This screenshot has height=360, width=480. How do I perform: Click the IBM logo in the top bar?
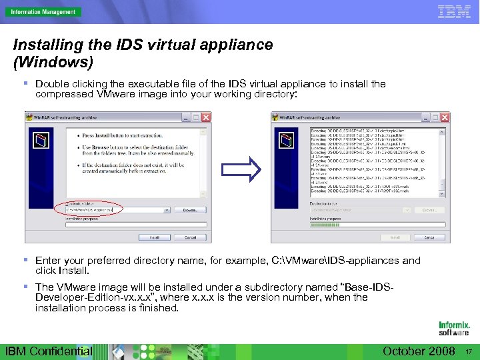pyautogui.click(x=454, y=11)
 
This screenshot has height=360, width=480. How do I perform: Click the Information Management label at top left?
pyautogui.click(x=41, y=11)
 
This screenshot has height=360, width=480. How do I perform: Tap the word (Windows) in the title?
pyautogui.click(x=53, y=62)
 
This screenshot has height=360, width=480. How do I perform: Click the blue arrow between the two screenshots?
pyautogui.click(x=241, y=169)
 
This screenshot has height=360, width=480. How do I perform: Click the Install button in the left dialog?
pyautogui.click(x=154, y=237)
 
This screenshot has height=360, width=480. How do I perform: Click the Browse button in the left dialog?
pyautogui.click(x=190, y=209)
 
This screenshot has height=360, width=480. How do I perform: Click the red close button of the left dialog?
pyautogui.click(x=205, y=117)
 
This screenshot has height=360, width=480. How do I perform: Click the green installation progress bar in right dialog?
pyautogui.click(x=325, y=225)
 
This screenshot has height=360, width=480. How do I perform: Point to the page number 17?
pyautogui.click(x=469, y=351)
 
